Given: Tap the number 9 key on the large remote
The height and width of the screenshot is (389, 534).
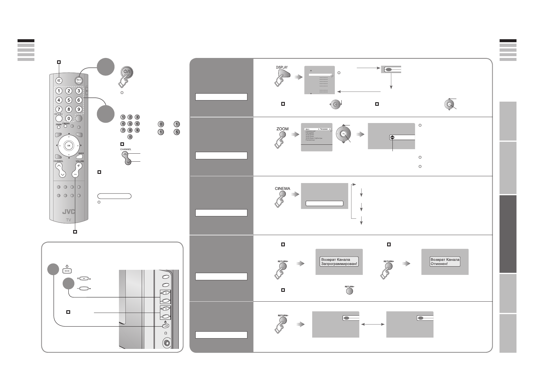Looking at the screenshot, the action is tap(78, 109).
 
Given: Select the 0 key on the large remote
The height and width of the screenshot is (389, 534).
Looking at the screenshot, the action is tap(69, 119).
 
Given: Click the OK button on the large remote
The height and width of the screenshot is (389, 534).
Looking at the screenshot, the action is tap(69, 145).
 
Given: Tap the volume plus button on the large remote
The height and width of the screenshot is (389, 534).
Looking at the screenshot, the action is tap(78, 166).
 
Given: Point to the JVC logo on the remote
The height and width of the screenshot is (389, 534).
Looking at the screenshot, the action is tap(69, 212).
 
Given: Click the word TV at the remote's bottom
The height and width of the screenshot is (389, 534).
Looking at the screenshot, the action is tap(68, 220).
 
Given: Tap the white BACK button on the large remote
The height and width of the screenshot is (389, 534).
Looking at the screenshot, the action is tap(79, 156).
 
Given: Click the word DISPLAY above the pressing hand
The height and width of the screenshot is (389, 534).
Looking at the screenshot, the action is tap(282, 67).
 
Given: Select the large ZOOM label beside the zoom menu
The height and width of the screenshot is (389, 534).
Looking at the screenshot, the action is tap(282, 129).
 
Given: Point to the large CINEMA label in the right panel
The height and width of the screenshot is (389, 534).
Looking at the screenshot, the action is tap(282, 188).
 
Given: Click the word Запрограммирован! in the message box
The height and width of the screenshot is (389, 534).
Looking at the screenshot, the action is tap(339, 264).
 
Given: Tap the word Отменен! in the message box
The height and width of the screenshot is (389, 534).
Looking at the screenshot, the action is tap(439, 264).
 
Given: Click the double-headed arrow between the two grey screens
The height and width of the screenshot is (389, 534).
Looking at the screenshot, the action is tap(373, 324).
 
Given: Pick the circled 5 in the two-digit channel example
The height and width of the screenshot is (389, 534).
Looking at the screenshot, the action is tap(177, 132).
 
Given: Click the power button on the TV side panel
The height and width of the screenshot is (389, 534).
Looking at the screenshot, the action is tap(165, 326).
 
